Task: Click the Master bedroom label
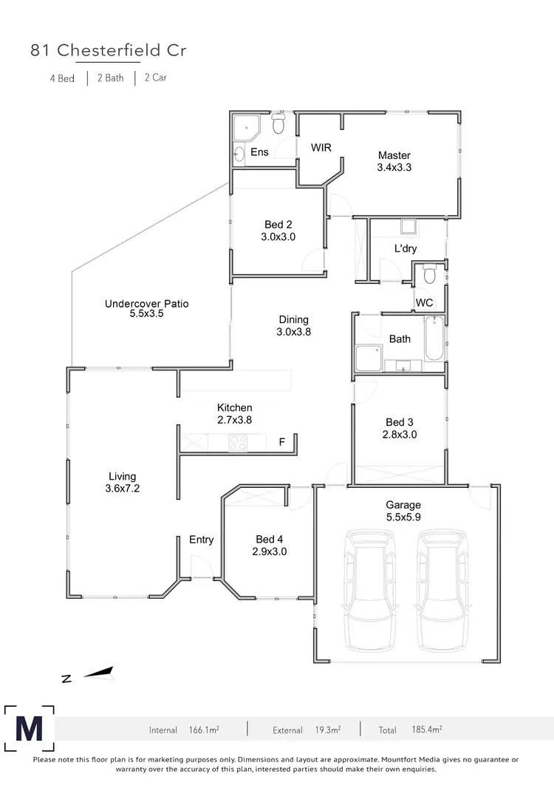[394, 155]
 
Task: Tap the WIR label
[321, 148]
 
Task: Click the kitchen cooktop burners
[239, 443]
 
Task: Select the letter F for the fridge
[281, 443]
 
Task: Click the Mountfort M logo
[29, 729]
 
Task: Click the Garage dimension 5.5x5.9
[403, 518]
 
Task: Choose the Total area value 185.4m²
[426, 730]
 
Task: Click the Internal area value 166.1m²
[204, 730]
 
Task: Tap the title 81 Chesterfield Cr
[107, 50]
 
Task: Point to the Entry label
[201, 540]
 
